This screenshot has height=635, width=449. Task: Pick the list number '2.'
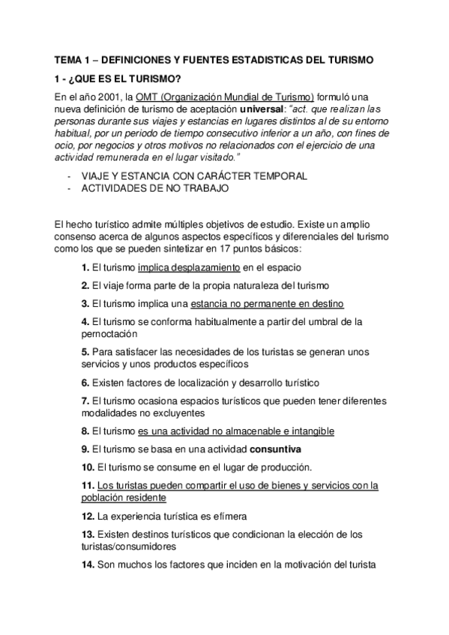point(85,285)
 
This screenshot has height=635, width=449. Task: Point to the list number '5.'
point(85,351)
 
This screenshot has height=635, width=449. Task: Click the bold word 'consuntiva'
point(275,449)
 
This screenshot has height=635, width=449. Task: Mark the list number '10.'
point(88,467)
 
